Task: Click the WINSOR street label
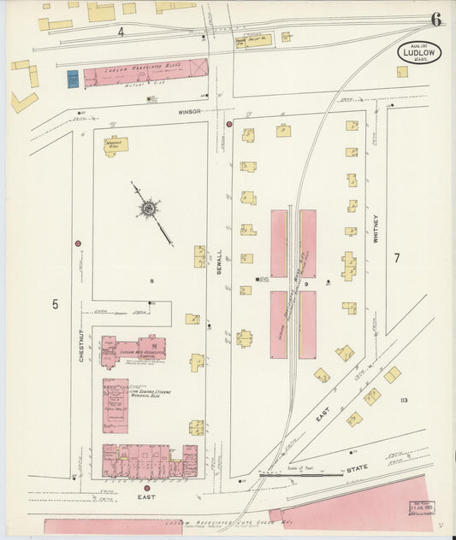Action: tap(189, 111)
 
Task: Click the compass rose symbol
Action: tap(149, 208)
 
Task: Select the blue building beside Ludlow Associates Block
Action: tap(74, 79)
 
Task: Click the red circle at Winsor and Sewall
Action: tap(229, 124)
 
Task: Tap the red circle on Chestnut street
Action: tap(78, 244)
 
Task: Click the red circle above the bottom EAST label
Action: tap(146, 488)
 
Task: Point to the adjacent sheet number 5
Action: tap(55, 303)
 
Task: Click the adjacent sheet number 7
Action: tap(396, 257)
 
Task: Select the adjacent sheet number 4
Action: tap(121, 32)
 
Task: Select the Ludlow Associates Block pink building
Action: tap(145, 72)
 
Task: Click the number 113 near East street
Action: tap(403, 399)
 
